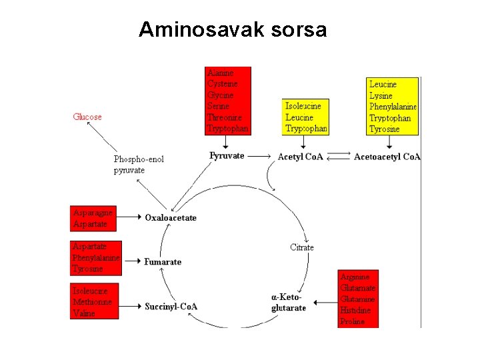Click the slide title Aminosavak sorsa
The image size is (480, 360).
[x=233, y=30]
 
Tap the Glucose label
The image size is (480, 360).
[x=87, y=117]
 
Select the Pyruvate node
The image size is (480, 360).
[x=227, y=156]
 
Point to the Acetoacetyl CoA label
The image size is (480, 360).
[x=387, y=157]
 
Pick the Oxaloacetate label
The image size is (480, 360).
[x=171, y=217]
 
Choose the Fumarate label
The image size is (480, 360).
[x=163, y=261]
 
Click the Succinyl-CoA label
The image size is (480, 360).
[x=171, y=307]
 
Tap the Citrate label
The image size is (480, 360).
[x=302, y=247]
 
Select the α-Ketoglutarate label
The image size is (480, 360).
[x=289, y=302]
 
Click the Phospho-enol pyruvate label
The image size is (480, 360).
[x=139, y=165]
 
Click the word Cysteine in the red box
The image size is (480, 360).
[x=221, y=83]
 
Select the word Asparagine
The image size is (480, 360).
[x=93, y=213]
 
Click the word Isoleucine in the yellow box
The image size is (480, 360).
[x=303, y=106]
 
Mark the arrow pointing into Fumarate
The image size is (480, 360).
[x=132, y=261]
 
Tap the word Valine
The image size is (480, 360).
[x=84, y=313]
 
